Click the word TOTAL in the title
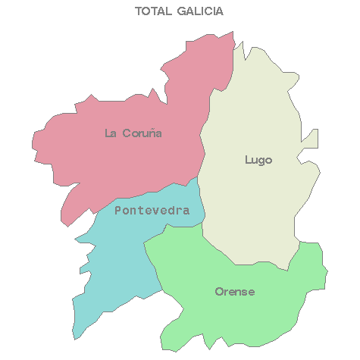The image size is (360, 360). coord(152,11)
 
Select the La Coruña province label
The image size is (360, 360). coord(133,133)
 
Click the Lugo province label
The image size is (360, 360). coord(258,160)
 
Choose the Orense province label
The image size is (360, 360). coord(235,292)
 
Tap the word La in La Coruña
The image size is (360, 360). coord(110,133)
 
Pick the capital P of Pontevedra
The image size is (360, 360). coord(118,211)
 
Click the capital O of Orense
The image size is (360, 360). coord(219,292)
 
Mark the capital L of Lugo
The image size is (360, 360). coord(249,159)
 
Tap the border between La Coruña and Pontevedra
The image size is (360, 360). coord(136,195)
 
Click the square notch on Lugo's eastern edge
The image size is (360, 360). coord(311,139)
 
